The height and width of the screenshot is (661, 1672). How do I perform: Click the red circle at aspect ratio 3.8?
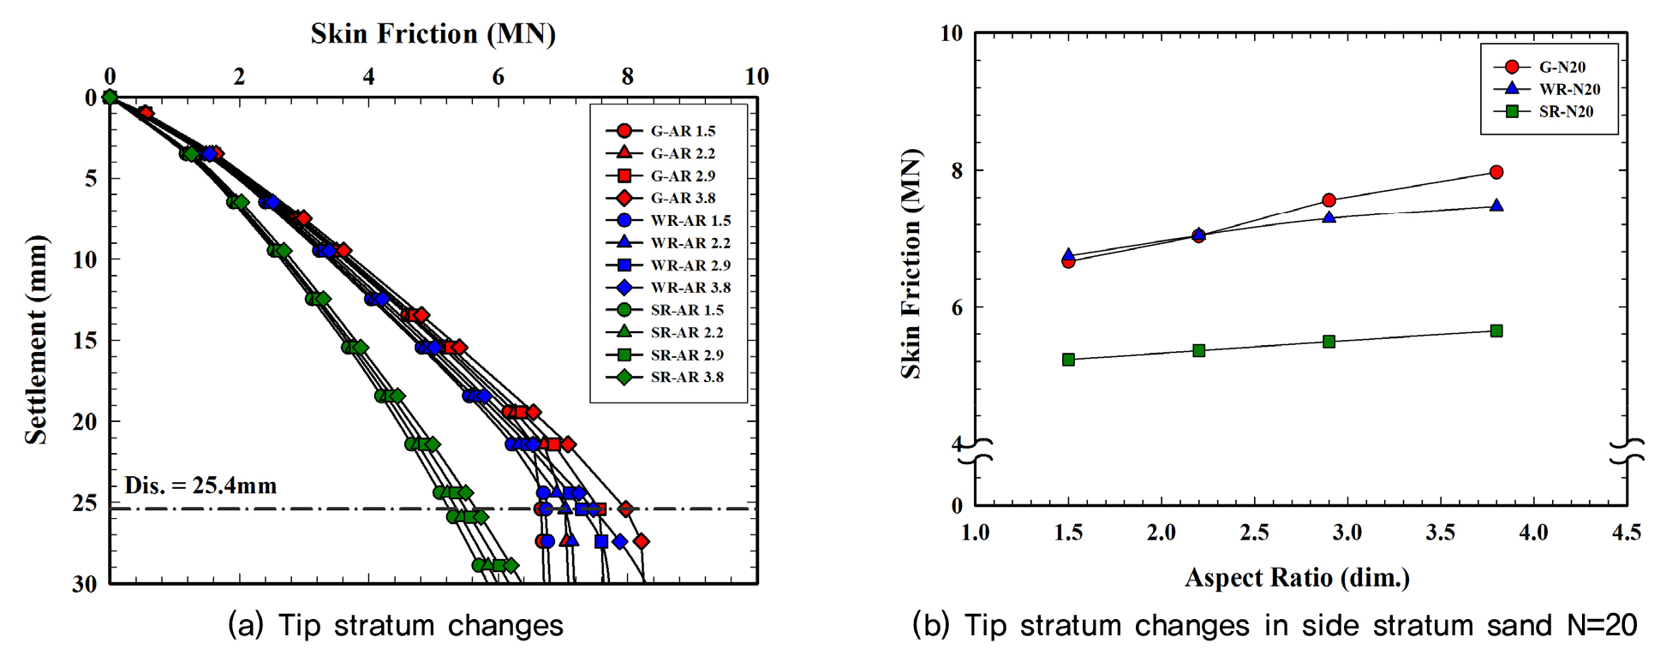point(1496,172)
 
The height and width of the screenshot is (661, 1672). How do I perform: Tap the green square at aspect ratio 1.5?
point(1068,360)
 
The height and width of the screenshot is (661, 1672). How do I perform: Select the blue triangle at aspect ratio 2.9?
point(1329,217)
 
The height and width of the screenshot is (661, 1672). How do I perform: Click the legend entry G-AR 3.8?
point(682,198)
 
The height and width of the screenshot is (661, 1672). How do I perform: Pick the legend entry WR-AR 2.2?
point(690,243)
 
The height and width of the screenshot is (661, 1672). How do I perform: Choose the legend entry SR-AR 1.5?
point(686,310)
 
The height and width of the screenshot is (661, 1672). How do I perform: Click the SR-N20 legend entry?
point(1565,111)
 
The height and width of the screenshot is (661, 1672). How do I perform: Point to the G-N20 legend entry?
point(1562,67)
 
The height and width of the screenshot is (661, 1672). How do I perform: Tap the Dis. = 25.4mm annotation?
point(200,486)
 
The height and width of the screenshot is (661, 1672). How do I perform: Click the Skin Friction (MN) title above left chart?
point(433,34)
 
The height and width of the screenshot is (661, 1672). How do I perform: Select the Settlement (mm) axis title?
point(36,339)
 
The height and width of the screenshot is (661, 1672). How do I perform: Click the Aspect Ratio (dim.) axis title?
point(1297,578)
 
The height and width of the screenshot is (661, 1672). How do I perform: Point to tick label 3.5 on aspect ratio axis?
point(1441,533)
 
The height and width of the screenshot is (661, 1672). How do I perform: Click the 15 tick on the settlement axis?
point(85,341)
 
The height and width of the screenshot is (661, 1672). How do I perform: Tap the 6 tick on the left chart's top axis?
point(498,77)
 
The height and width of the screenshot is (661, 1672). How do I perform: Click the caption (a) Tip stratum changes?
point(396,626)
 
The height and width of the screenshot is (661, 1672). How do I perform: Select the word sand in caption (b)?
point(1520,626)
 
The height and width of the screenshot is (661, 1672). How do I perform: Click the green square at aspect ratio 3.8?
point(1496,330)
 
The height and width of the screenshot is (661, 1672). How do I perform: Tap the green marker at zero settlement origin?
point(110,97)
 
